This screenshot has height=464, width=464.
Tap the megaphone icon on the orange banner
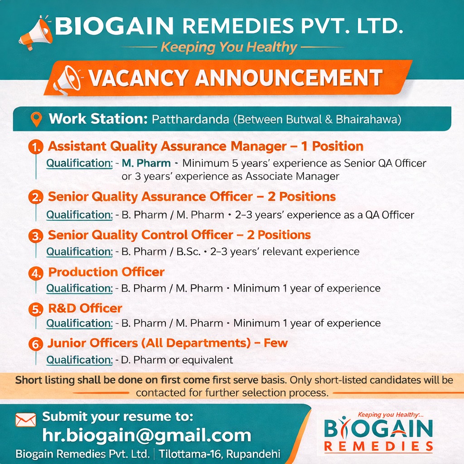click(x=66, y=79)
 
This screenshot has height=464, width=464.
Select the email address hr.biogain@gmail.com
click(x=146, y=435)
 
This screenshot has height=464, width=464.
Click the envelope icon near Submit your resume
click(x=25, y=420)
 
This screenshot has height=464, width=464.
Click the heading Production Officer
click(x=106, y=272)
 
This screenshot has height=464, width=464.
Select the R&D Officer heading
click(x=85, y=308)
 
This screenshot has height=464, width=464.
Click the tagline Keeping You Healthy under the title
click(x=229, y=47)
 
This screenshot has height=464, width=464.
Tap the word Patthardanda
click(x=190, y=120)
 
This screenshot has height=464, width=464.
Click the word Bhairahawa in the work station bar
click(x=368, y=120)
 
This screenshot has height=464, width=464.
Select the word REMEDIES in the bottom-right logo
click(x=379, y=446)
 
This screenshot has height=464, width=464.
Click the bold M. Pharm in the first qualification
click(x=146, y=163)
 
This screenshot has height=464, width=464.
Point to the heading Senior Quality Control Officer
click(x=140, y=235)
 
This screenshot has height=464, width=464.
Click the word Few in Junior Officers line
click(x=276, y=343)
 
